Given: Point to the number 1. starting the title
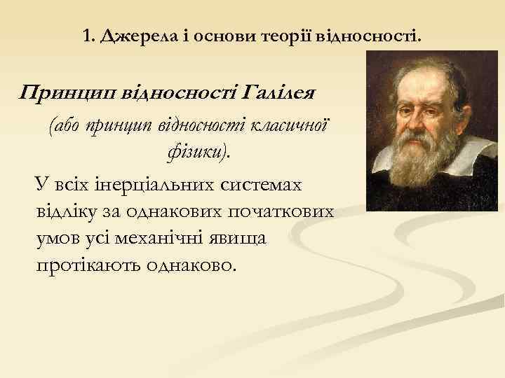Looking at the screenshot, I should click(x=88, y=36).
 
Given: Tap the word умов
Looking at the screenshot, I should click(x=58, y=239).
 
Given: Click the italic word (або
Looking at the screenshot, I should click(x=65, y=126).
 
